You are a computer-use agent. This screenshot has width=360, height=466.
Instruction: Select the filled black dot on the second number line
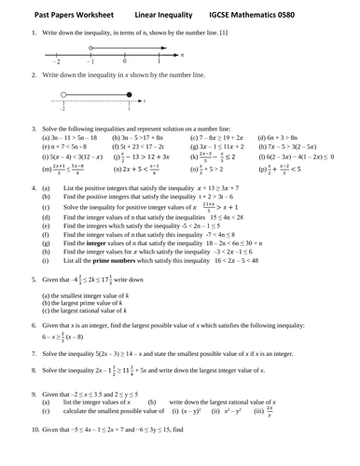128,94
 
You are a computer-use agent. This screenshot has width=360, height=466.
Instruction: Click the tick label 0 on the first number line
124,62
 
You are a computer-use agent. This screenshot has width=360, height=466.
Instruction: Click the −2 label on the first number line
55,62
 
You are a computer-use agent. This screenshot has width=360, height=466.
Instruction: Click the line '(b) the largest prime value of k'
85,305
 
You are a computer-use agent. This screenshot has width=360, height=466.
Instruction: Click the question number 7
34,356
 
